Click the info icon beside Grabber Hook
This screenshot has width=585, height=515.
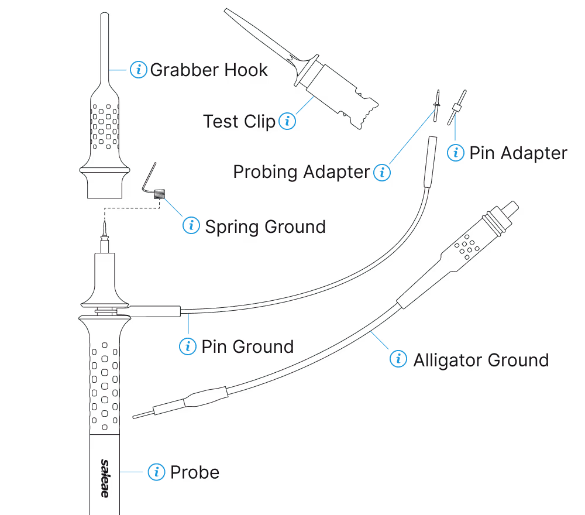139,70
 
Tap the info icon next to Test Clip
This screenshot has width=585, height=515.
287,122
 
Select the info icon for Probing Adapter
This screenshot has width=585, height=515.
381,172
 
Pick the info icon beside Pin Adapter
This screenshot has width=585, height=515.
456,153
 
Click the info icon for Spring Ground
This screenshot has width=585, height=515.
191,225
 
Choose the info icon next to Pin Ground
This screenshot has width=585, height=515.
187,346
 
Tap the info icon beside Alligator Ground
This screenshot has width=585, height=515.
398,359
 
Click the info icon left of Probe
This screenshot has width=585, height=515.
156,472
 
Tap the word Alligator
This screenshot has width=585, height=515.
446,359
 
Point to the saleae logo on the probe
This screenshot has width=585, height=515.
104,478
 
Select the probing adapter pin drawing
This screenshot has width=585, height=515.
436,105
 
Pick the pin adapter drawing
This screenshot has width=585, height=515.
457,107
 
